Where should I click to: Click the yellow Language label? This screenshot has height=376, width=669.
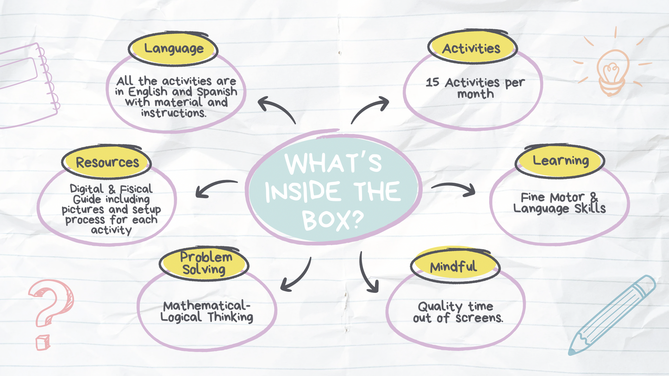coord(173,49)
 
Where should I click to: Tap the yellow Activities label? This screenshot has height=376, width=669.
coord(471,48)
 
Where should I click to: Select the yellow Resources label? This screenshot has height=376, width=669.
coord(107,162)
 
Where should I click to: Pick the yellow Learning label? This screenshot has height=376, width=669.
coord(560,160)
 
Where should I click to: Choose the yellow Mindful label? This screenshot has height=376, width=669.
coord(453,267)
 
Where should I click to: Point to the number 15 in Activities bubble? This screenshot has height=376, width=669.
coord(432,83)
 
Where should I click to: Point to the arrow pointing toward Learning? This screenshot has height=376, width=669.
coord(454,188)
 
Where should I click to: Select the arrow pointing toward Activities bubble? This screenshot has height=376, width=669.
coord(370,110)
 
